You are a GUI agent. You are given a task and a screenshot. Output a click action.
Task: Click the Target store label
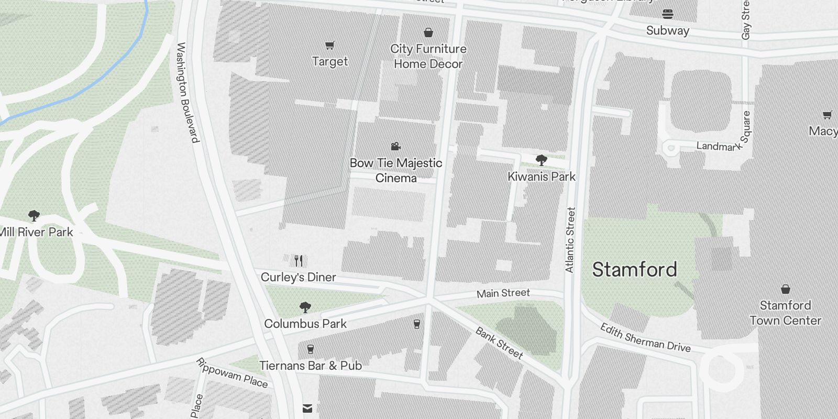pyautogui.click(x=330, y=62)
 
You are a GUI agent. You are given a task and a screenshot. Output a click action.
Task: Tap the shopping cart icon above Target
pyautogui.click(x=330, y=46)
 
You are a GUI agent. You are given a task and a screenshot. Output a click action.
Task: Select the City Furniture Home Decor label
pyautogui.click(x=428, y=57)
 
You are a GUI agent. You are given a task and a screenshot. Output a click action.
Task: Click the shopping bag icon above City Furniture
pyautogui.click(x=428, y=33)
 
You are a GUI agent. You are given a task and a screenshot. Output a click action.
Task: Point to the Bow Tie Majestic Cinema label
pyautogui.click(x=396, y=170)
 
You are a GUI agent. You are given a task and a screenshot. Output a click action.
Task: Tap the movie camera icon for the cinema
pyautogui.click(x=396, y=147)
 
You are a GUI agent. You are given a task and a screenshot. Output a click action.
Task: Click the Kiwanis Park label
pyautogui.click(x=542, y=177)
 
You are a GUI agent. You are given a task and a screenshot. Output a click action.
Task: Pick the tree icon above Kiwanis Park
pyautogui.click(x=542, y=160)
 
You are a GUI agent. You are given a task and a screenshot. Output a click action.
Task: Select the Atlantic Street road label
pyautogui.click(x=570, y=240)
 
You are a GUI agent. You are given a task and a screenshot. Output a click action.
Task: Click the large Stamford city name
pyautogui.click(x=635, y=270)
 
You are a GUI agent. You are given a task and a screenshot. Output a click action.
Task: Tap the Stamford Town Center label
pyautogui.click(x=785, y=313)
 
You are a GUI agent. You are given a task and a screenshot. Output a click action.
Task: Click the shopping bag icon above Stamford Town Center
pyautogui.click(x=786, y=289)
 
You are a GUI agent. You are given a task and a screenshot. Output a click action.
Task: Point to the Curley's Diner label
pyautogui.click(x=299, y=277)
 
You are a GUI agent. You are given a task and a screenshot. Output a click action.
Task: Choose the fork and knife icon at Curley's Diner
pyautogui.click(x=299, y=260)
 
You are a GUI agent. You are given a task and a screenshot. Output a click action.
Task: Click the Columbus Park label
pyautogui.click(x=305, y=324)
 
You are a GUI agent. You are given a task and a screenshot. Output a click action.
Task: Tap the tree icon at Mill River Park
pyautogui.click(x=34, y=215)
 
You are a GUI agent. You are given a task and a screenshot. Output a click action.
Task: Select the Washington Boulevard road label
pyautogui.click(x=188, y=93)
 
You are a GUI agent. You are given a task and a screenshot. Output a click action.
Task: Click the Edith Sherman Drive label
pyautogui.click(x=645, y=338)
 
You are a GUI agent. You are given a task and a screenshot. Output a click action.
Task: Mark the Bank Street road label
pyautogui.click(x=499, y=343)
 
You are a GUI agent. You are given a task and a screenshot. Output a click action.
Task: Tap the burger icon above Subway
pyautogui.click(x=668, y=14)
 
